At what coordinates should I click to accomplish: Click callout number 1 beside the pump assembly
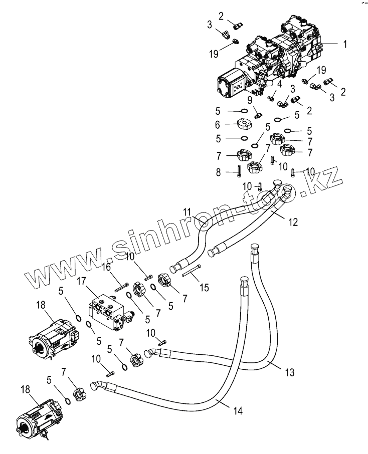pos(345,44)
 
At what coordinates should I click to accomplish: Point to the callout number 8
pos(219,173)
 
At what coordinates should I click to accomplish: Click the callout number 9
pos(250,99)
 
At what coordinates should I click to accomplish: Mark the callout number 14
pos(238,411)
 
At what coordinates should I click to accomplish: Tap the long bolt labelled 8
pos(239,172)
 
